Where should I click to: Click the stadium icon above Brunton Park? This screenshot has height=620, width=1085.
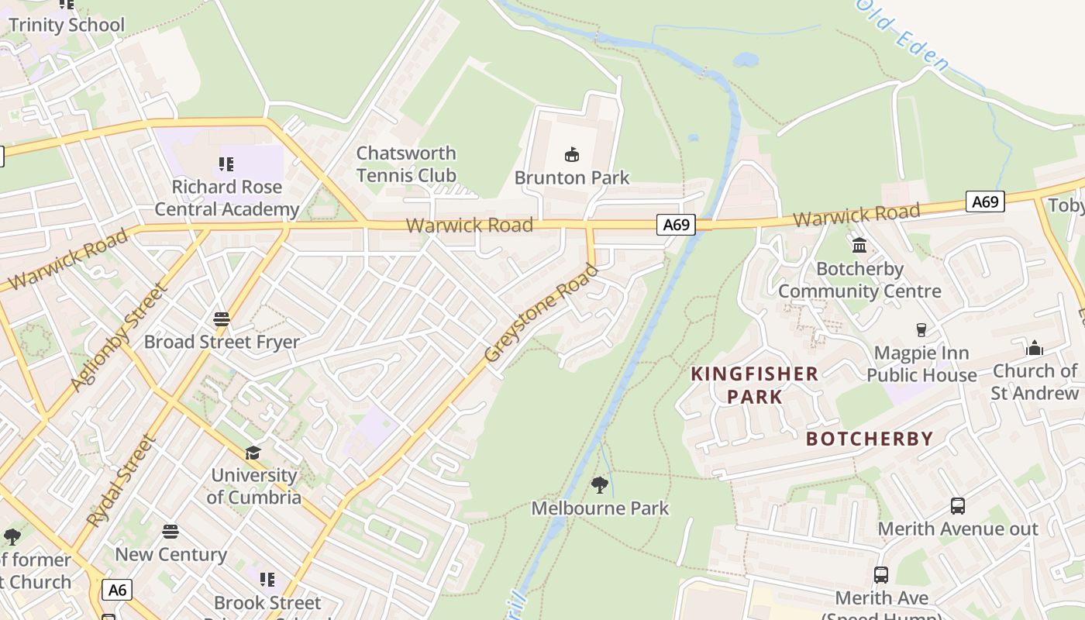pyautogui.click(x=572, y=155)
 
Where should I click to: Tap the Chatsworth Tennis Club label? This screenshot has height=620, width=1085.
pyautogui.click(x=406, y=164)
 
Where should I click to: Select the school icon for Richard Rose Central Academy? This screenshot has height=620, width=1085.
pyautogui.click(x=226, y=164)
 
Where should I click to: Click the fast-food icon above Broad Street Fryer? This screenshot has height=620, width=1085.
pyautogui.click(x=222, y=319)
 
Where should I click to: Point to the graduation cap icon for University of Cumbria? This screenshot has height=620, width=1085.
pyautogui.click(x=253, y=453)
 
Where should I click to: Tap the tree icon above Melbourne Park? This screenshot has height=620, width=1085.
pyautogui.click(x=599, y=485)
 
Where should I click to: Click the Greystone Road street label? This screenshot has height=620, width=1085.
pyautogui.click(x=541, y=314)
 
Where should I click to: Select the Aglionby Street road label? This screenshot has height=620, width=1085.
pyautogui.click(x=119, y=337)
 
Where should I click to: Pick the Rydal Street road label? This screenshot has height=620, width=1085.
pyautogui.click(x=122, y=481)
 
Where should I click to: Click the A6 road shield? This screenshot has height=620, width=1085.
pyautogui.click(x=116, y=590)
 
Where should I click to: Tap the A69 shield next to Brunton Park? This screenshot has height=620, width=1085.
pyautogui.click(x=676, y=225)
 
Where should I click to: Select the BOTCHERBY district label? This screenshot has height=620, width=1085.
pyautogui.click(x=870, y=439)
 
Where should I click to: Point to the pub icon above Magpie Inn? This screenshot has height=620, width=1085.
pyautogui.click(x=921, y=330)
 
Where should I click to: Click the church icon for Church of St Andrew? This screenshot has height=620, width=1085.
pyautogui.click(x=1035, y=348)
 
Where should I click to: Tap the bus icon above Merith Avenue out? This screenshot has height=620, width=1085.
pyautogui.click(x=958, y=506)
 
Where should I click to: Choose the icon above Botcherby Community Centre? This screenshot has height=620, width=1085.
pyautogui.click(x=859, y=246)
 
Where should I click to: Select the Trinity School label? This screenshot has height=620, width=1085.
pyautogui.click(x=67, y=25)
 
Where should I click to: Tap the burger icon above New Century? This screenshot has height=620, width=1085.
pyautogui.click(x=170, y=532)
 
